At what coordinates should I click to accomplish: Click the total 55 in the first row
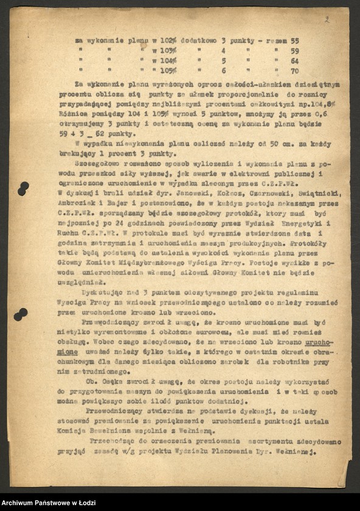pos(295,41)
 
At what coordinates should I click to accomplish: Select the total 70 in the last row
pos(295,71)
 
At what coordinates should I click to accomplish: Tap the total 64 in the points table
pos(295,61)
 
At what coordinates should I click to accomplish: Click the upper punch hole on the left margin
pos(22,189)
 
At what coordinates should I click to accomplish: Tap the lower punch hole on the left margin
pos(21,314)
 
